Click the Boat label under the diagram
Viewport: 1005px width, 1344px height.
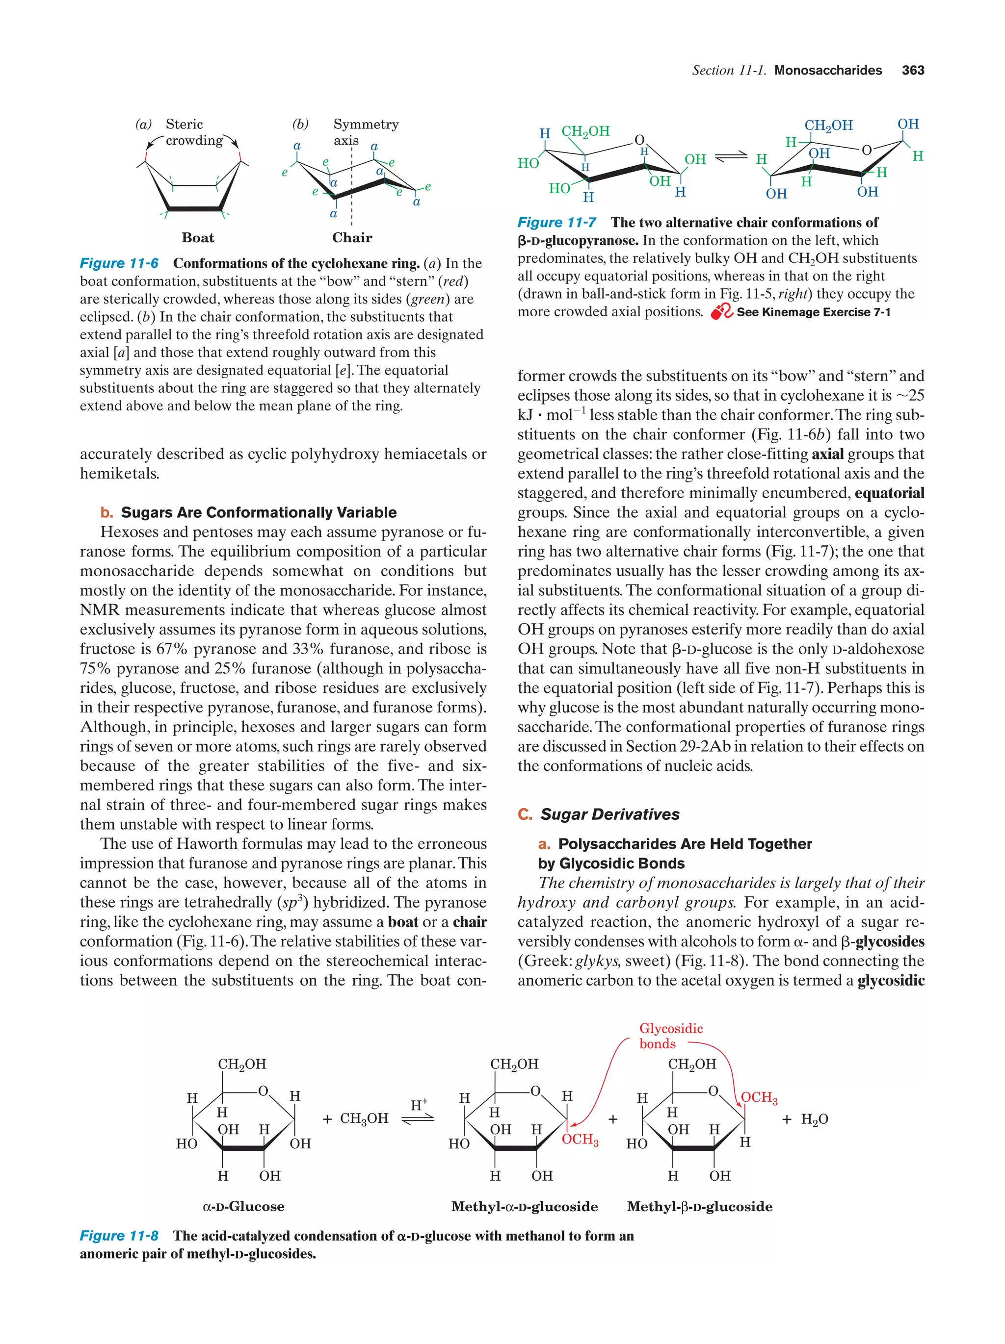[x=198, y=238]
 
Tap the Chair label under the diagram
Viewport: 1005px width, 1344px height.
[x=352, y=238]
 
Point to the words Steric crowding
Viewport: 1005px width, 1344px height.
[x=193, y=132]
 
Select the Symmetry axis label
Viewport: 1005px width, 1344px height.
[x=366, y=132]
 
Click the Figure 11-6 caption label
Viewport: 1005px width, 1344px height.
[x=119, y=263]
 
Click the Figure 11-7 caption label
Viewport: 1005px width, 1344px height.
[x=556, y=223]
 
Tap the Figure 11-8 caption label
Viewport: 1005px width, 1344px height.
[x=119, y=1235]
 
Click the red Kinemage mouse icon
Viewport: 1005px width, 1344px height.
[x=722, y=312]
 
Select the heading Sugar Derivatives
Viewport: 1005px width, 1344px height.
[x=610, y=814]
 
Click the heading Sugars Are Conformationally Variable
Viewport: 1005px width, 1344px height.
[x=259, y=512]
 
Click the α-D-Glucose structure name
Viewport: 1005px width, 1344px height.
[x=243, y=1206]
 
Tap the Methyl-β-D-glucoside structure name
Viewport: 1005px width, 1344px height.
[x=699, y=1206]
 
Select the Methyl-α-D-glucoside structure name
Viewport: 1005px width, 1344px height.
[x=524, y=1206]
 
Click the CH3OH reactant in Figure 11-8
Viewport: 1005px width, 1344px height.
[x=364, y=1118]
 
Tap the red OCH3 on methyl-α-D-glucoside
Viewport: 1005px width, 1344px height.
[x=580, y=1139]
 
